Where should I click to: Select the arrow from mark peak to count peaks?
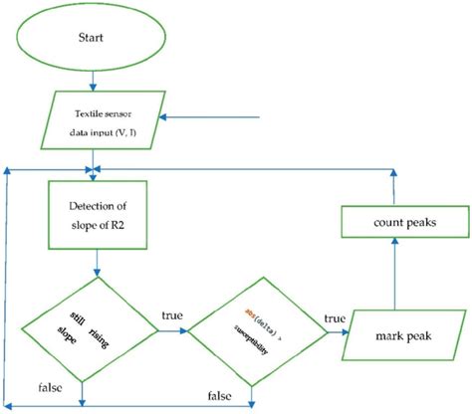(396, 284)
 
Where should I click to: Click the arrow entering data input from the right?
(214, 118)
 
